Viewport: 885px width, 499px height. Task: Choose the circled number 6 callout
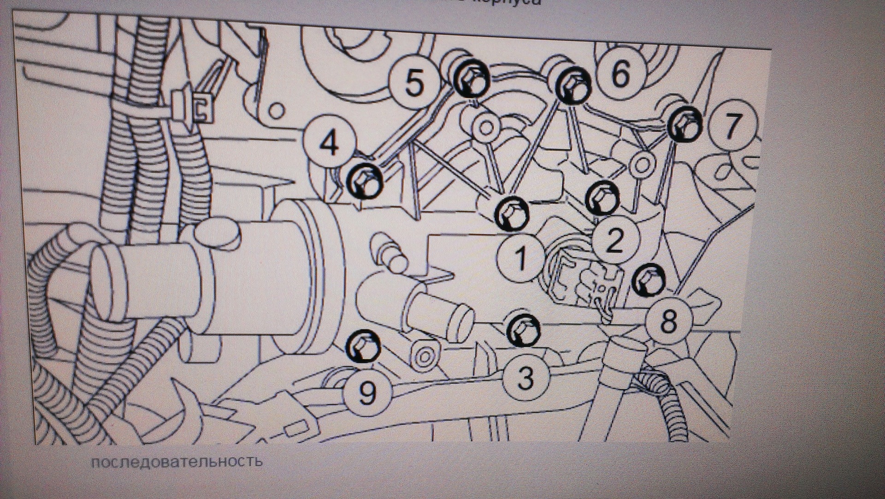pos(620,74)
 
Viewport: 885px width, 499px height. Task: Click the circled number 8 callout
pos(668,321)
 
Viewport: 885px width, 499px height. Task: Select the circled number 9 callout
pos(366,393)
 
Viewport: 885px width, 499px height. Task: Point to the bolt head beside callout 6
pos(573,87)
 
